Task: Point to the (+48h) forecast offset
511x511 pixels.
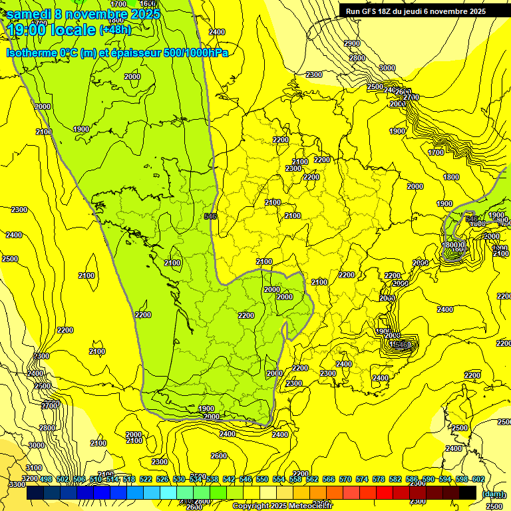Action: point(115,30)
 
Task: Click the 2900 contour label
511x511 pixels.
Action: point(352,43)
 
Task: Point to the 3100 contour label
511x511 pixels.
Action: point(33,468)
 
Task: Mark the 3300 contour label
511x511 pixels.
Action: point(17,485)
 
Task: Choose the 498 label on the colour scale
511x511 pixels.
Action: point(45,479)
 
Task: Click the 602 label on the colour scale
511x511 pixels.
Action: point(478,479)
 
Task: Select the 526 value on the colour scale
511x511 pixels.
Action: point(162,479)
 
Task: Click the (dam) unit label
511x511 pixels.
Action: point(493,494)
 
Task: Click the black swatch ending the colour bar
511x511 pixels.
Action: point(468,493)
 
